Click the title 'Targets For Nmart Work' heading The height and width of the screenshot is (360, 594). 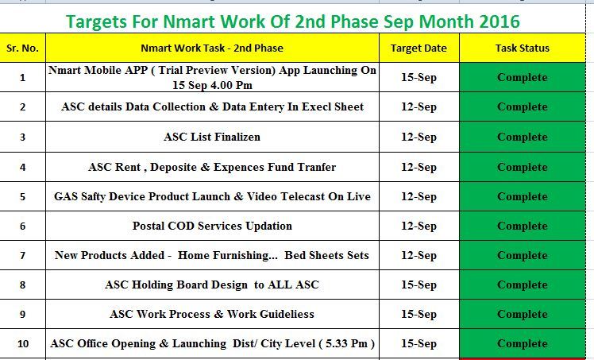coord(293,21)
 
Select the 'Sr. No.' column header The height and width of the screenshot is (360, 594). coord(22,48)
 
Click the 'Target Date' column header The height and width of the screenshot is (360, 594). coord(418,48)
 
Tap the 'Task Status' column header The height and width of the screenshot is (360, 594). coord(522,48)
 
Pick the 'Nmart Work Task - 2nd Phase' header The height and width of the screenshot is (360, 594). coord(212,48)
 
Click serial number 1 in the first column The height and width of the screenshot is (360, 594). coord(22,78)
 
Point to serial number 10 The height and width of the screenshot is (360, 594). coord(22,344)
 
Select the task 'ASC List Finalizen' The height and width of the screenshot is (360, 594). coord(212,137)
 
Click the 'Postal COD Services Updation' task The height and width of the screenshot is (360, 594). coord(212,226)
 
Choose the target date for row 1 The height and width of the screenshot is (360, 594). coord(418,78)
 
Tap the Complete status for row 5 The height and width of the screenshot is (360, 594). coord(522,196)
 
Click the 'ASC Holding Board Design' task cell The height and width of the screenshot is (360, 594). coord(212,285)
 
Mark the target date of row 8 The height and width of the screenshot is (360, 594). coord(418,285)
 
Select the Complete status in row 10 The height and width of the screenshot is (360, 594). coord(522,344)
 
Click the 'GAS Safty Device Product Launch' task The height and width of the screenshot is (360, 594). coord(212,196)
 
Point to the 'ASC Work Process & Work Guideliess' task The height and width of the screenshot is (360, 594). coord(212,314)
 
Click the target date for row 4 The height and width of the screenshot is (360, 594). coord(418,167)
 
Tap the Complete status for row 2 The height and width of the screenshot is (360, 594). coord(522,107)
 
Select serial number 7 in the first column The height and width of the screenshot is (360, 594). coord(22,255)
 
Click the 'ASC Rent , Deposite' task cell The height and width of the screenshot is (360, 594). coord(212,167)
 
